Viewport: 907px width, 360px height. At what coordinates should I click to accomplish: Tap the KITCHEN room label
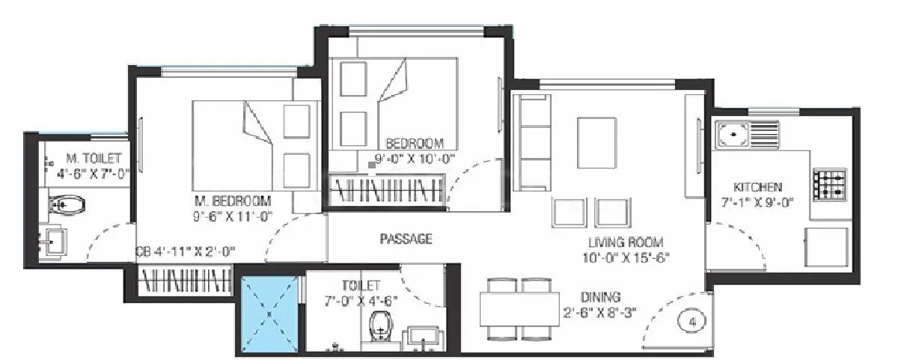758,187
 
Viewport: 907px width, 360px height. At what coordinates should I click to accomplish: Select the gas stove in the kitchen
829,184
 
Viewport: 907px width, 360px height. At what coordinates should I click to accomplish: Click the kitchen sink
748,135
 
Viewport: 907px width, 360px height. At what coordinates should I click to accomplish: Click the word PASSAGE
406,239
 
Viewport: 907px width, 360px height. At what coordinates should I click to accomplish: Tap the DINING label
602,296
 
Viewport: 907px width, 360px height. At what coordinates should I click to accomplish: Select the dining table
516,308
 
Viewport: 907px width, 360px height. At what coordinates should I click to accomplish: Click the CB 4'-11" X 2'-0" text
186,251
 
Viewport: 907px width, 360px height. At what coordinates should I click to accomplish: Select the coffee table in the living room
596,135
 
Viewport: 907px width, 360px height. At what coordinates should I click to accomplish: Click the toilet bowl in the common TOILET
382,327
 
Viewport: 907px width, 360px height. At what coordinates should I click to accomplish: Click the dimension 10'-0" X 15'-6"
627,257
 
